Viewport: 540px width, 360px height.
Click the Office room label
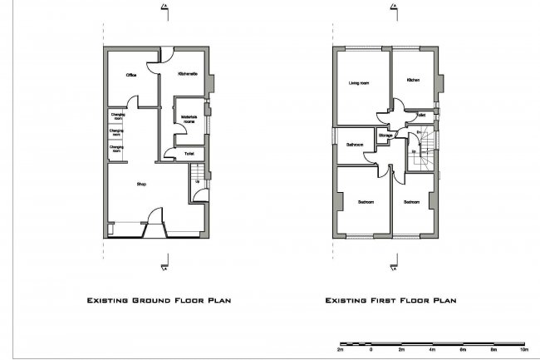[x=130, y=76]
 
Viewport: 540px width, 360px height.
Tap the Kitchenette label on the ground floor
[x=187, y=76]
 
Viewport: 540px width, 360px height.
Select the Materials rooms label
[x=189, y=120]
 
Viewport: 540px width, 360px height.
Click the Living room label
[x=359, y=83]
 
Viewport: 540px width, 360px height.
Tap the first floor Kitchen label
[x=414, y=80]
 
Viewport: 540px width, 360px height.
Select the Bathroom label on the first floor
[x=354, y=144]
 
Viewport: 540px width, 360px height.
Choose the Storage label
[x=385, y=136]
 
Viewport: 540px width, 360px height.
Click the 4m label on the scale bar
[x=431, y=349]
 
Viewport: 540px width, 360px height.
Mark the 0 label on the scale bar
[x=371, y=349]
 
